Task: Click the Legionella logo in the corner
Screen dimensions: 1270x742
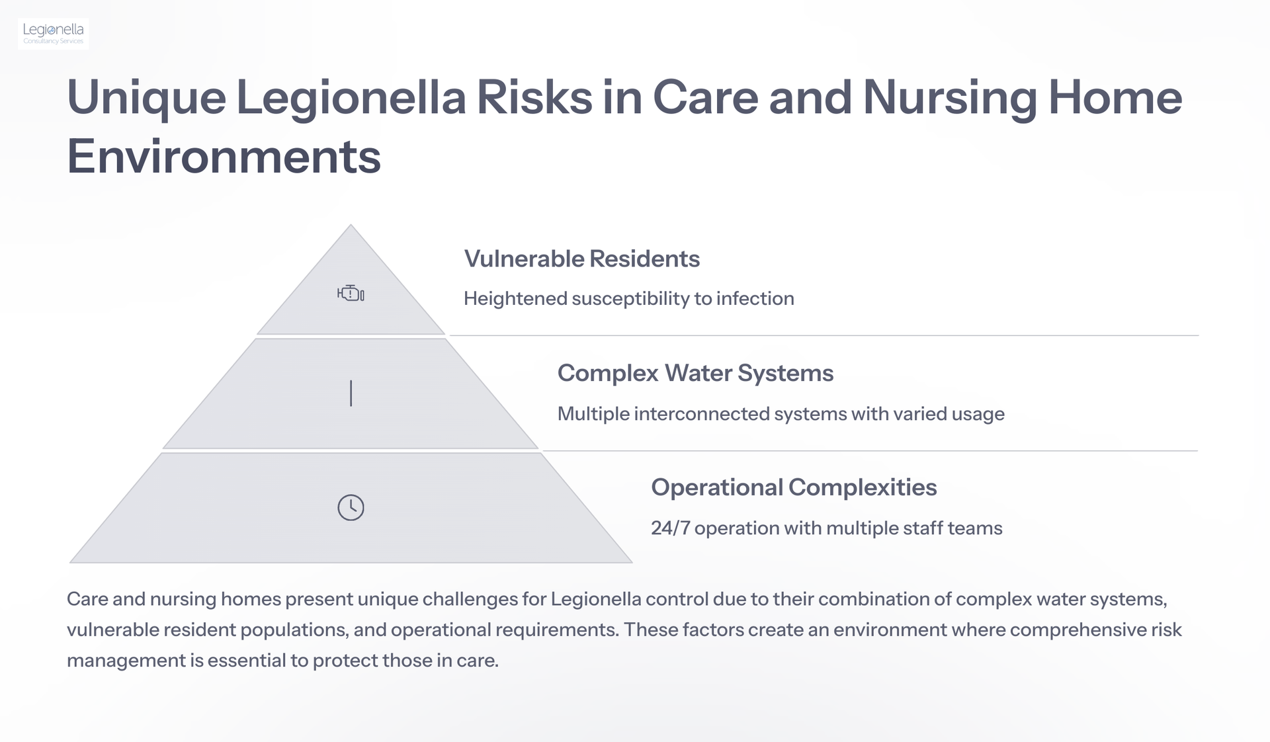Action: pyautogui.click(x=53, y=34)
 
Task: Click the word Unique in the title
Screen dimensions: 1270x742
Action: pyautogui.click(x=146, y=98)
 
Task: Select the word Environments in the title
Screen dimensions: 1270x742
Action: pyautogui.click(x=224, y=157)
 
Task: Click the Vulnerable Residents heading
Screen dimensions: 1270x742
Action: pyautogui.click(x=582, y=259)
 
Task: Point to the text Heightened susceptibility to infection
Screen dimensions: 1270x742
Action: pyautogui.click(x=629, y=299)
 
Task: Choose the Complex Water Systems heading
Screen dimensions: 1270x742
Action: pyautogui.click(x=695, y=373)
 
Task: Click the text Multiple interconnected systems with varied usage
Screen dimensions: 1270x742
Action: pyautogui.click(x=781, y=414)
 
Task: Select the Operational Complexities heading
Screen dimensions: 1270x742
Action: pyautogui.click(x=794, y=487)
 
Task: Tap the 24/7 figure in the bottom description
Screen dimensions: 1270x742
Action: pyautogui.click(x=671, y=528)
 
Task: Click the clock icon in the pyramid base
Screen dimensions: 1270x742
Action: pyautogui.click(x=351, y=507)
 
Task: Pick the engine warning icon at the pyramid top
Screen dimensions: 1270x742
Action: pyautogui.click(x=351, y=293)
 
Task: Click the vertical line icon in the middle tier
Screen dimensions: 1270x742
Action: pyautogui.click(x=351, y=393)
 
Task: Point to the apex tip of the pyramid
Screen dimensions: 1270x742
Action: pyautogui.click(x=351, y=225)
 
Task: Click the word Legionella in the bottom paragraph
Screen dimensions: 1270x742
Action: pyautogui.click(x=596, y=599)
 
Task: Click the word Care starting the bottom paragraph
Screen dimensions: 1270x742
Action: pyautogui.click(x=87, y=599)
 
